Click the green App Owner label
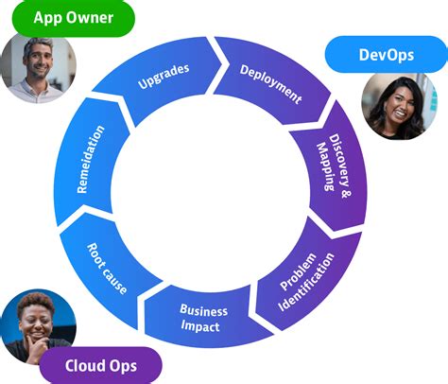[x=73, y=18]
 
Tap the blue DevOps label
[x=386, y=55]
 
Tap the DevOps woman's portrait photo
[x=393, y=107]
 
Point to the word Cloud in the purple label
[x=83, y=365]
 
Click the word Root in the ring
[x=98, y=255]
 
